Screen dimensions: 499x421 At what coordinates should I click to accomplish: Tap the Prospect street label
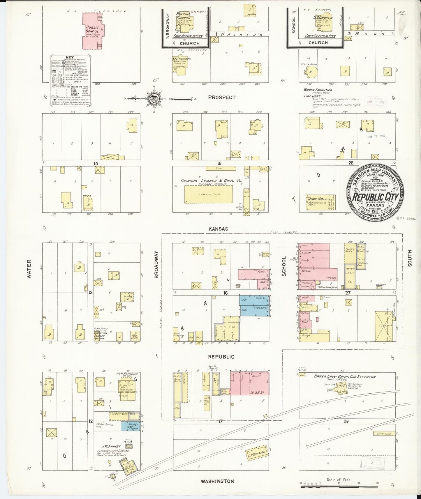[x=222, y=97]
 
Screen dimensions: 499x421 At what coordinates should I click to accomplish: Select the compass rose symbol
[x=154, y=99]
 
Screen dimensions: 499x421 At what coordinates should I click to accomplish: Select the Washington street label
[x=217, y=481]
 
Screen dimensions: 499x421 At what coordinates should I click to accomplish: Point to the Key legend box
[x=70, y=80]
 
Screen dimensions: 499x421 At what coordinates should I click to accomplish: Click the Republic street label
[x=221, y=357]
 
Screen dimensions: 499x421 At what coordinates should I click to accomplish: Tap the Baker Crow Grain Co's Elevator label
[x=345, y=376]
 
